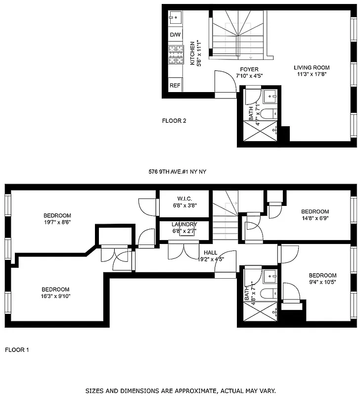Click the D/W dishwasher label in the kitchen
pyautogui.click(x=175, y=35)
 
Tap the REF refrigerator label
pyautogui.click(x=175, y=85)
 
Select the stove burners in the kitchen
pyautogui.click(x=176, y=55)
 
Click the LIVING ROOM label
pyautogui.click(x=312, y=68)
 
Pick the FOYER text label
pyautogui.click(x=249, y=69)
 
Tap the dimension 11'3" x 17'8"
pyautogui.click(x=312, y=75)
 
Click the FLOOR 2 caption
pyautogui.click(x=174, y=120)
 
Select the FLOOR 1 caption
pyautogui.click(x=17, y=350)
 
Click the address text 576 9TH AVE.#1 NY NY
pyautogui.click(x=177, y=172)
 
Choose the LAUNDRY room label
pyautogui.click(x=184, y=224)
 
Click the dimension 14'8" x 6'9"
pyautogui.click(x=315, y=218)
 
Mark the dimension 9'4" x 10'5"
pyautogui.click(x=322, y=282)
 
